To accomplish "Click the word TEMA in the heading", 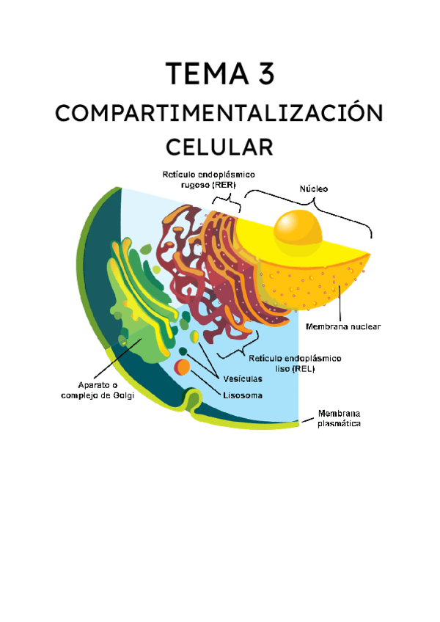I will tap(204, 75).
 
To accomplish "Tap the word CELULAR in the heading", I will tap(219, 146).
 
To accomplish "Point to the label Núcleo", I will tap(314, 189).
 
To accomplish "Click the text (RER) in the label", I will tap(229, 186).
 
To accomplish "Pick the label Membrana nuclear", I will tap(343, 326).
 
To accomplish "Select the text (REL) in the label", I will tap(302, 369).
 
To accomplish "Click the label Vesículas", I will tap(243, 379).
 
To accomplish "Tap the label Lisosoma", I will tap(243, 395).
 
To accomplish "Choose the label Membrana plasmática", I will tap(338, 418).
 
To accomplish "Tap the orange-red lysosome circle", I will tap(183, 366).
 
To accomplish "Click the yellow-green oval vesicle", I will tap(195, 337).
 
